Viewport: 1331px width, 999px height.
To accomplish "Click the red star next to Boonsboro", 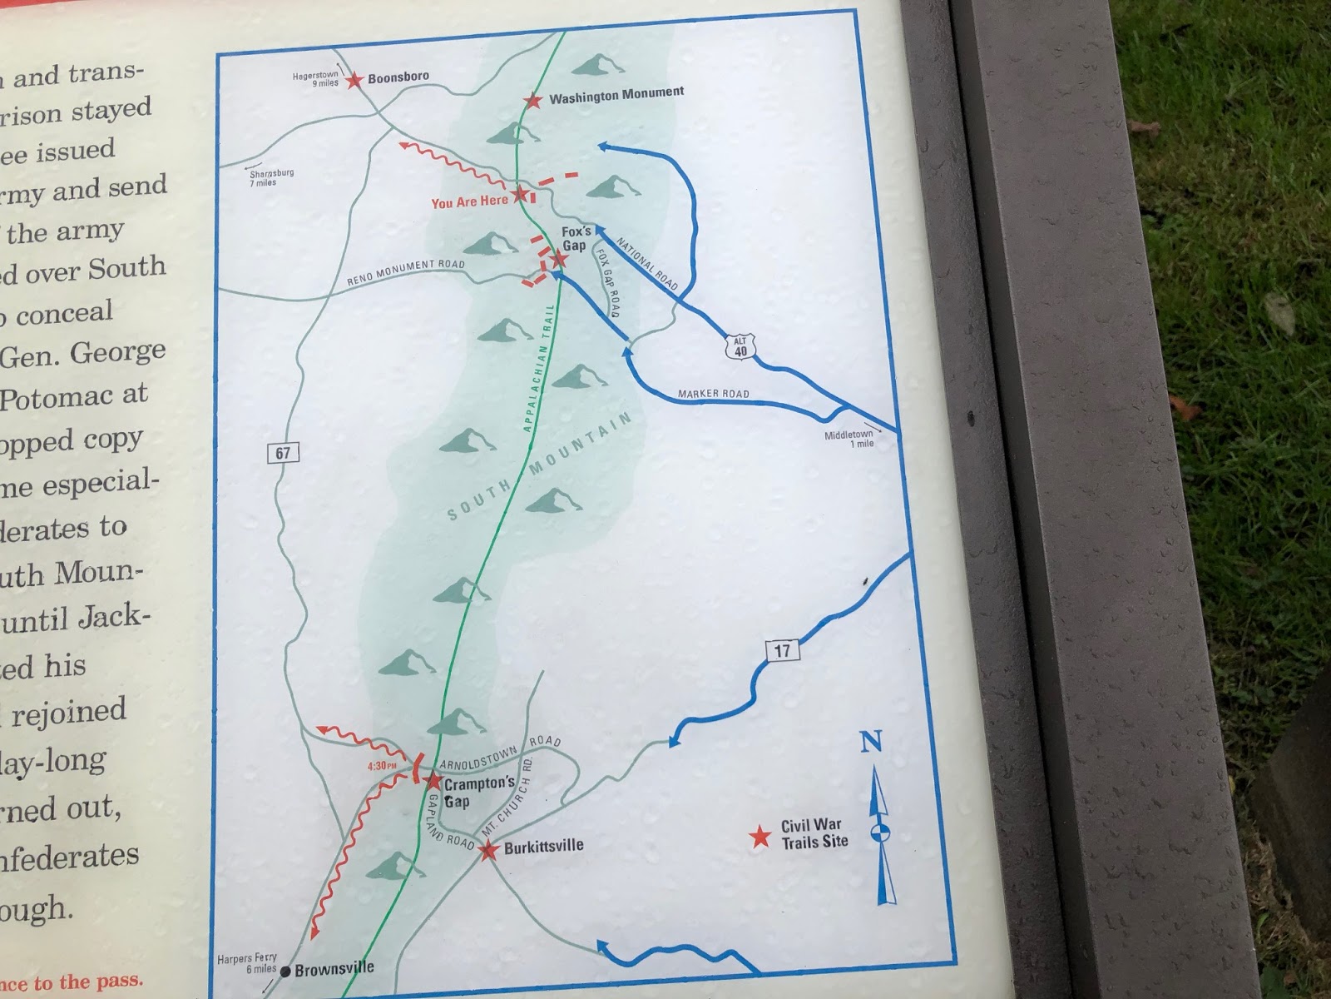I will (355, 81).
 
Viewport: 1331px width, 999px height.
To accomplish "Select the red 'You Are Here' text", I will (469, 201).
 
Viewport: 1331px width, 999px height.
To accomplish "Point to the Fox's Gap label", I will (576, 238).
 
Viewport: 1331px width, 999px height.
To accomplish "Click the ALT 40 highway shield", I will (740, 346).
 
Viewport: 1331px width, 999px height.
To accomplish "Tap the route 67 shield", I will (283, 453).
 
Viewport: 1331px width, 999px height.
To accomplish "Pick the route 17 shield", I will (781, 650).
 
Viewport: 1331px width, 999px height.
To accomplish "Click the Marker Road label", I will (713, 394).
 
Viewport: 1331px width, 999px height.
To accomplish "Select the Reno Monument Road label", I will (406, 273).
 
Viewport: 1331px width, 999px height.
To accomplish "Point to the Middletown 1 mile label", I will (849, 440).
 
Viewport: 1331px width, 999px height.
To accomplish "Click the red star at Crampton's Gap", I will (433, 782).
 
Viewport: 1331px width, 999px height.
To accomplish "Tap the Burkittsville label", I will (543, 847).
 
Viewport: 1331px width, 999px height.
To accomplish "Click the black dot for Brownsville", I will (285, 971).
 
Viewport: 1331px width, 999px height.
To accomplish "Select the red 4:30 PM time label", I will (381, 766).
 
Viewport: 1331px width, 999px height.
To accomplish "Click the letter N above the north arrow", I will (870, 742).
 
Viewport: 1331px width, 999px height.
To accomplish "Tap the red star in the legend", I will (760, 837).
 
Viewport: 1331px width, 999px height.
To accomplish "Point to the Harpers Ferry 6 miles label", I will (247, 963).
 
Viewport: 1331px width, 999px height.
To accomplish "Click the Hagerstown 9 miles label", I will (316, 79).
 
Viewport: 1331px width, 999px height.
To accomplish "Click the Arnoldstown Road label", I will (499, 752).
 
